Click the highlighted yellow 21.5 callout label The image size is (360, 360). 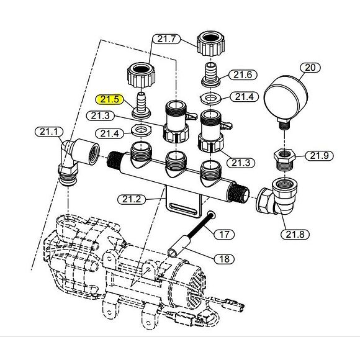coord(109,99)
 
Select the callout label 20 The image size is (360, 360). coord(310,68)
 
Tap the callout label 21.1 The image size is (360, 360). coord(48,132)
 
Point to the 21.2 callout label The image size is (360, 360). coord(131,199)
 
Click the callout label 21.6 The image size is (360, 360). coord(243,75)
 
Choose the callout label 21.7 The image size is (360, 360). coord(166,39)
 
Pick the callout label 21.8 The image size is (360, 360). coord(295,235)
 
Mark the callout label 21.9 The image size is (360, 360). coord(320,156)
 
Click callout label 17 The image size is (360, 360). coord(224,235)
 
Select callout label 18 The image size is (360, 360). coord(224,259)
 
